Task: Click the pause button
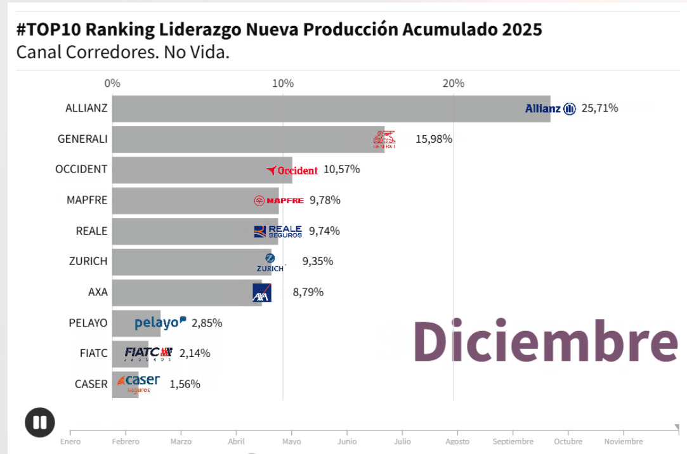click(x=39, y=422)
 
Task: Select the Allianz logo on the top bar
click(x=550, y=108)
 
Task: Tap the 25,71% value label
click(x=599, y=108)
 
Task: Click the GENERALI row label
click(x=82, y=138)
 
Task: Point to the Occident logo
click(x=292, y=170)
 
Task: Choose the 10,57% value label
click(x=342, y=169)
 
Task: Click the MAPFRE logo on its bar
click(x=278, y=200)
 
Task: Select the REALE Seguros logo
click(x=278, y=231)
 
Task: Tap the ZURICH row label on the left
click(x=88, y=261)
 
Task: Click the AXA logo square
click(x=261, y=292)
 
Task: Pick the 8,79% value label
click(x=308, y=292)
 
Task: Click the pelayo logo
click(x=160, y=323)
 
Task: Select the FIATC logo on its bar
click(x=148, y=353)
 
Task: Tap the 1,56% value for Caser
click(x=185, y=384)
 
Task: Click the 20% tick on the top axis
click(x=454, y=83)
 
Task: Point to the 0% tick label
click(x=112, y=83)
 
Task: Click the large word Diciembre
click(x=545, y=341)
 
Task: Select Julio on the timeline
click(x=402, y=441)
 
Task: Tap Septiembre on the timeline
click(x=513, y=441)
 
